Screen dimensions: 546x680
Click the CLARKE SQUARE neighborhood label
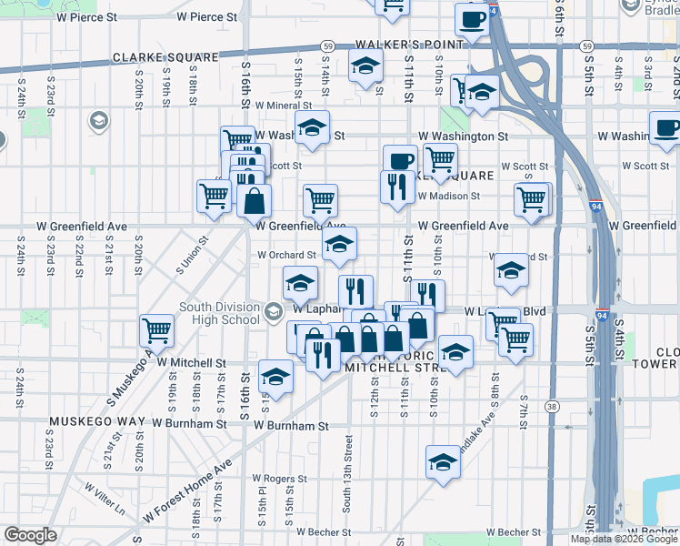click(x=165, y=57)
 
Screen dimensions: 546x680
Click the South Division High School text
click(x=219, y=313)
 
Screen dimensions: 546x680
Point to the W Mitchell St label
click(x=191, y=362)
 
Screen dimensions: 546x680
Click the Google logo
click(x=31, y=535)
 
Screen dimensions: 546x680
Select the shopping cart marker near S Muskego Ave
click(x=157, y=329)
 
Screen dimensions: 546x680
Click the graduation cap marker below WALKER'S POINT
click(x=365, y=66)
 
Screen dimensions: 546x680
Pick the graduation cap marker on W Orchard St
click(x=339, y=243)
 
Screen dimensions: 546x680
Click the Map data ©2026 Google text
click(x=625, y=539)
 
